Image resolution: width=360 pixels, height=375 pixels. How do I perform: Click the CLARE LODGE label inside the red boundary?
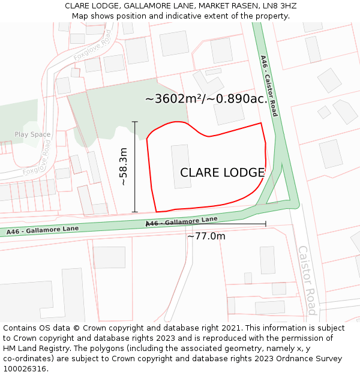coord(222,173)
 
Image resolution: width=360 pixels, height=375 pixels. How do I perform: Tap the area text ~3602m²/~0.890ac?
coord(206,99)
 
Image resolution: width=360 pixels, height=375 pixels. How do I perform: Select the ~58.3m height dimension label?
coord(123,167)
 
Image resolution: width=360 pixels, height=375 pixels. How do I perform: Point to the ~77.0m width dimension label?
coord(206,236)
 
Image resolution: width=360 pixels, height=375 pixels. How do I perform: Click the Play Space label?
coord(32,135)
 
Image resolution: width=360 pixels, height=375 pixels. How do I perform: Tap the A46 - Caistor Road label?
coord(269,86)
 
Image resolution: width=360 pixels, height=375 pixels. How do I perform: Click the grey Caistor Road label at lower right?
coord(307,280)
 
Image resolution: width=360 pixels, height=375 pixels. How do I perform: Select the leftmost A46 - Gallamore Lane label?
coord(43,230)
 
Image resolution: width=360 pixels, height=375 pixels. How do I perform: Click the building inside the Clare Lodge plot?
coord(181,166)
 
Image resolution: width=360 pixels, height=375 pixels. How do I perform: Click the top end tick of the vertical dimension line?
coord(135,122)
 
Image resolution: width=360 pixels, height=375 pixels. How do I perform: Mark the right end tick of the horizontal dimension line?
coord(265,224)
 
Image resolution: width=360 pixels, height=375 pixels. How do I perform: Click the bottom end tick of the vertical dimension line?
coord(135,212)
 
